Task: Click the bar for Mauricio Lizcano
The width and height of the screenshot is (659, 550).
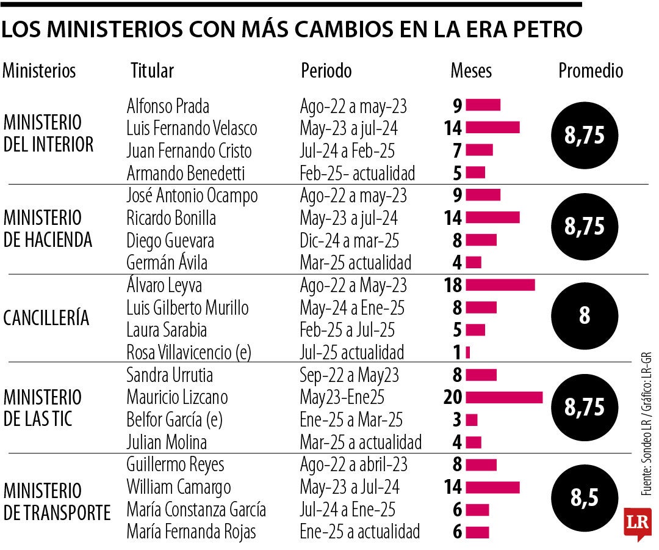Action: coord(504,397)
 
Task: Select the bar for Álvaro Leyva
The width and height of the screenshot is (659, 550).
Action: coord(500,285)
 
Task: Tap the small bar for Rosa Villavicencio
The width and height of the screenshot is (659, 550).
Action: coord(467,353)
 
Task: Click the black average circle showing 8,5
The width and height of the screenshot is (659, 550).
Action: coord(584,497)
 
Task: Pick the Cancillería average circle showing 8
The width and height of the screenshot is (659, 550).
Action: coord(584,316)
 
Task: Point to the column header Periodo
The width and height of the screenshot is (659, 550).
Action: coord(326,70)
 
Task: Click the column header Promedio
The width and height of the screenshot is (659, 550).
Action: coord(591,70)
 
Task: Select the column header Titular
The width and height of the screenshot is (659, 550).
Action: coord(152,70)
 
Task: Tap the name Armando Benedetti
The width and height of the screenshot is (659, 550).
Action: coord(185,173)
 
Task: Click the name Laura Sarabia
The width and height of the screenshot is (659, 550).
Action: coord(167,330)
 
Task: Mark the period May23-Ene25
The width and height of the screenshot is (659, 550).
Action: coord(342,397)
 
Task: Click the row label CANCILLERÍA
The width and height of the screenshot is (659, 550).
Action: coord(46,318)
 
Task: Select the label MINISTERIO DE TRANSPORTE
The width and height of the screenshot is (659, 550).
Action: coord(57,501)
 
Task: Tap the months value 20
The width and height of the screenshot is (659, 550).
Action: coord(453,397)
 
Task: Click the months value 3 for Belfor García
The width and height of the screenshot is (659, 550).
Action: coord(457,420)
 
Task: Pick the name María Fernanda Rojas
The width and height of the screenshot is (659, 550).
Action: coord(191,532)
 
